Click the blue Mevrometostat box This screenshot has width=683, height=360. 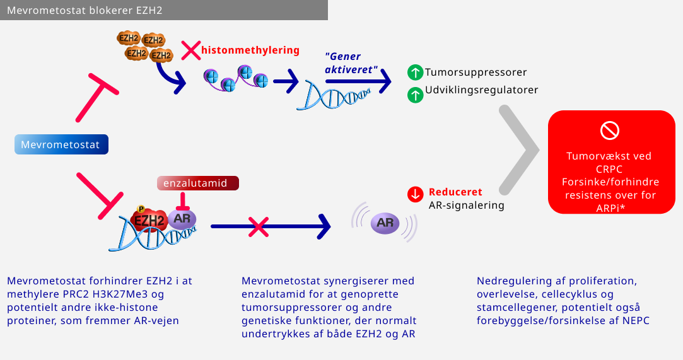61,145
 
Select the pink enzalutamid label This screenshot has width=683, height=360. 199,183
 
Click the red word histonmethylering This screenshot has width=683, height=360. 250,50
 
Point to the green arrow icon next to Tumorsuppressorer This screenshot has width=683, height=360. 414,73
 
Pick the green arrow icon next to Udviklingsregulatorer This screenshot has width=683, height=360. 414,96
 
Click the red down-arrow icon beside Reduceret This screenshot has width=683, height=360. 415,194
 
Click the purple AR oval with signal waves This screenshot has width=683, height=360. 385,222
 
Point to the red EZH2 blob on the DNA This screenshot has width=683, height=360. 149,220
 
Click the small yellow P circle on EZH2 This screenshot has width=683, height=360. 141,209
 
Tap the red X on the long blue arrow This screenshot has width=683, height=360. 257,226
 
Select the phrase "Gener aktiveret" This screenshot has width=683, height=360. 351,62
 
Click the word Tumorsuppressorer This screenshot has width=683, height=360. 476,73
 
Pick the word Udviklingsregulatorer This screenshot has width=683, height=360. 481,90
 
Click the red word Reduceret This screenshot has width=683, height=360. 455,192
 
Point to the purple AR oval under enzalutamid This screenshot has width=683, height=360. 182,219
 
